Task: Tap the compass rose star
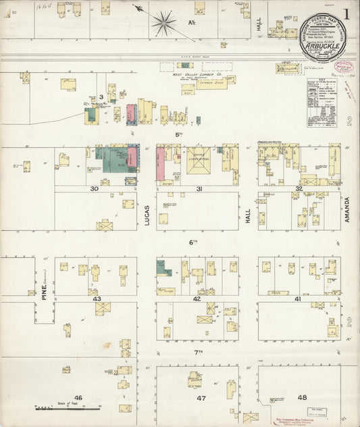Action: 163,23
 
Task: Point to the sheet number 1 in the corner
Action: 345,14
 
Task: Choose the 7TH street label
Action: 198,352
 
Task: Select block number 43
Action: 97,299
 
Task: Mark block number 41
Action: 297,298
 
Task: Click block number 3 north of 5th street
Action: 101,97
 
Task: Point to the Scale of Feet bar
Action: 67,409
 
